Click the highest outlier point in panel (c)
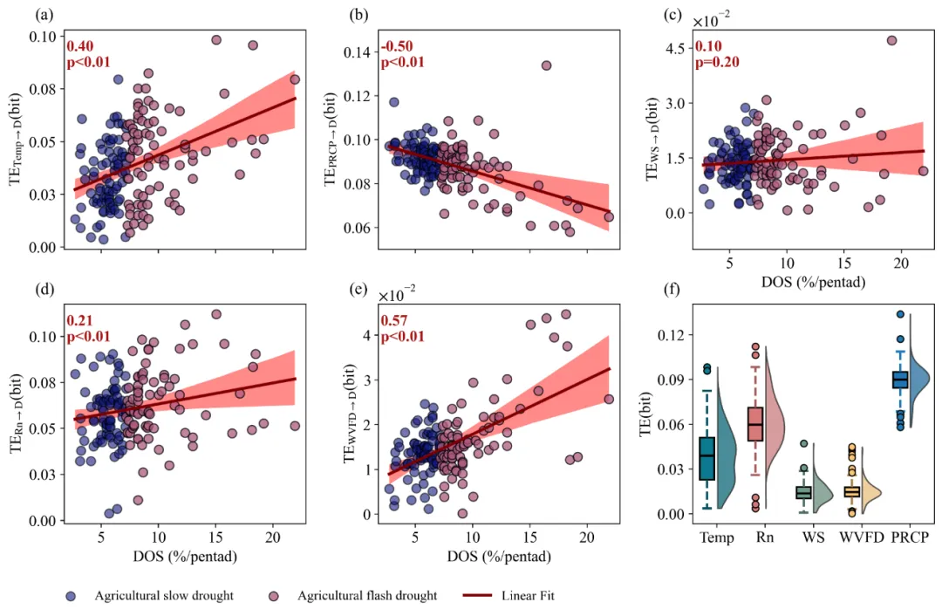pos(891,40)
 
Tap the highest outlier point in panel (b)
pos(546,65)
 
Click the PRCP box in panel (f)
pos(900,379)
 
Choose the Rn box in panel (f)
pos(755,425)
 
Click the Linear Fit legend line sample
pos(473,596)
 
